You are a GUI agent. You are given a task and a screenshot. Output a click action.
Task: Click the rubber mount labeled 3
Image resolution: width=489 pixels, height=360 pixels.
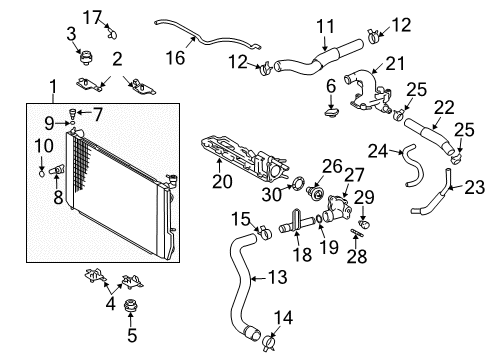click(85, 58)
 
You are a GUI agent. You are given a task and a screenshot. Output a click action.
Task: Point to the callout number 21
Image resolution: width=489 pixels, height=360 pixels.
click(397, 64)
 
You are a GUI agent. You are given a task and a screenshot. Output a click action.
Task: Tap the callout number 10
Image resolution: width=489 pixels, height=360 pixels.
click(41, 147)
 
